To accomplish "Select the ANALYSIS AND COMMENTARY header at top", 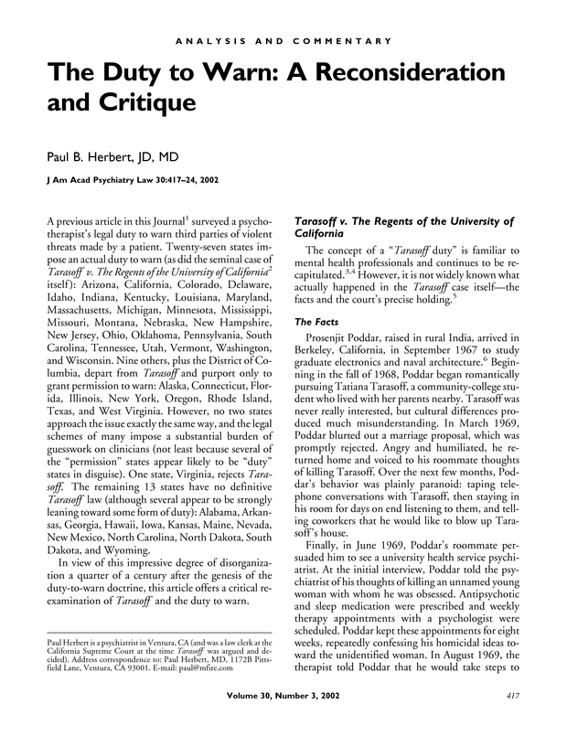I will [x=283, y=41].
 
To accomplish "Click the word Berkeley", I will [x=314, y=356].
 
